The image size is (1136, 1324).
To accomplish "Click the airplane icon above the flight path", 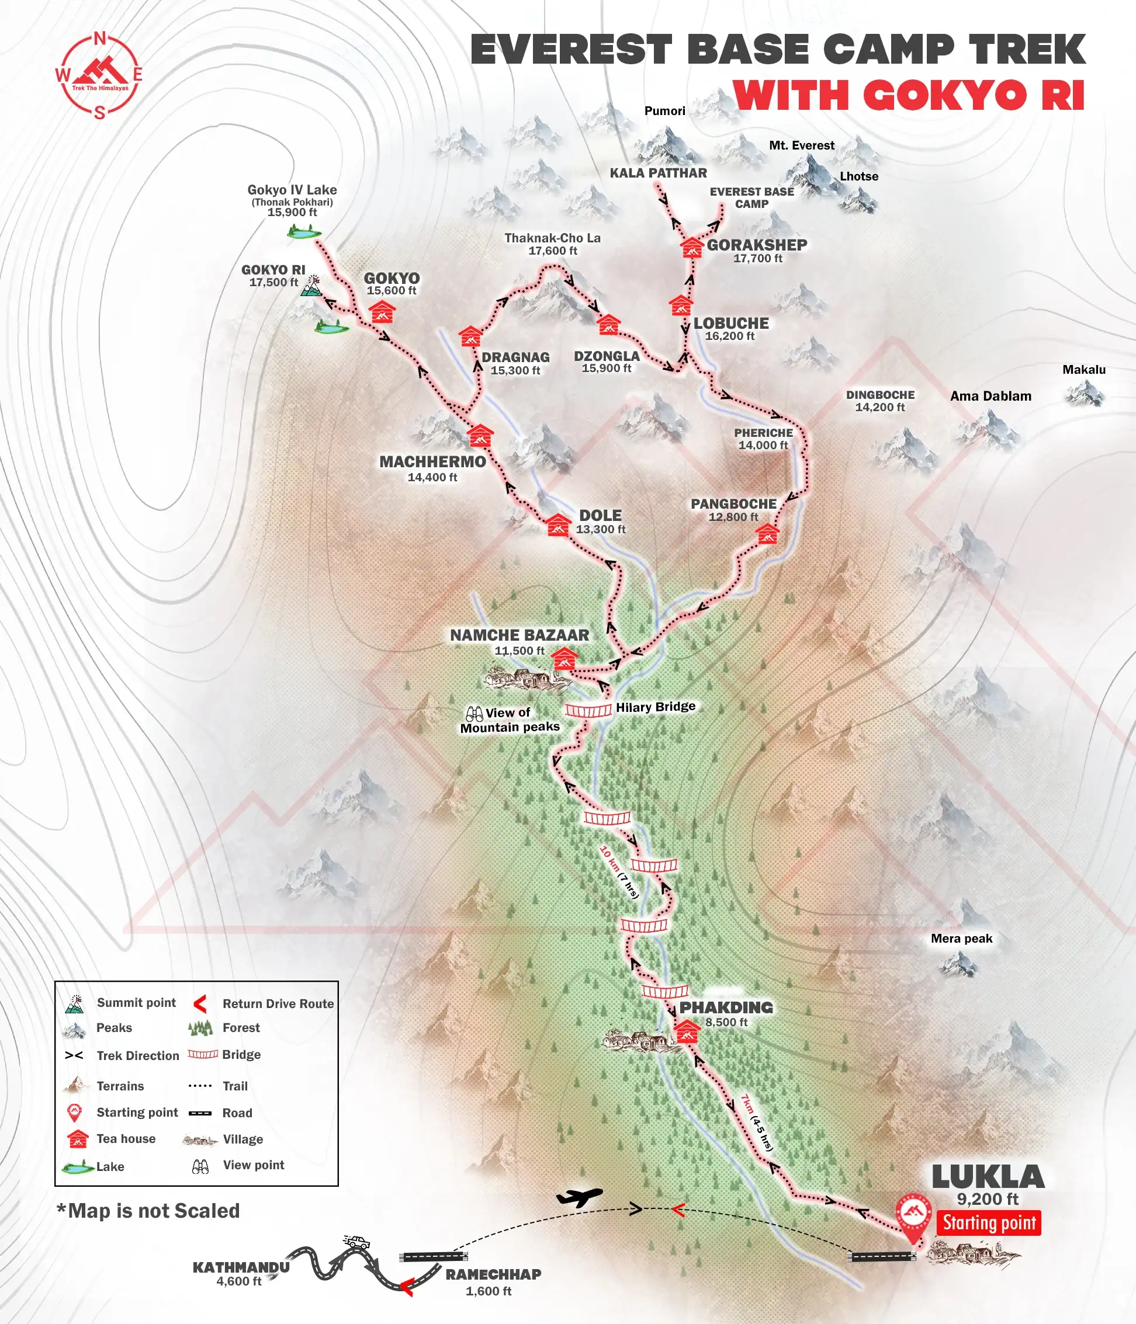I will [x=579, y=1197].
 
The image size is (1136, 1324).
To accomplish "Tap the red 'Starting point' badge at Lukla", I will [x=988, y=1222].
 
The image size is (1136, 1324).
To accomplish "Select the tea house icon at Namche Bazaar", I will [x=564, y=658].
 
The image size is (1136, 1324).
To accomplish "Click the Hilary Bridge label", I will [x=655, y=707].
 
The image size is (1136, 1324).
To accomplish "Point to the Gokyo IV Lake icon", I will [x=304, y=233].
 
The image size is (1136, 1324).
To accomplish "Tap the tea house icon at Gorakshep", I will [x=691, y=246].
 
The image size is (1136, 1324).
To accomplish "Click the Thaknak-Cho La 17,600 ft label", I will [x=552, y=244].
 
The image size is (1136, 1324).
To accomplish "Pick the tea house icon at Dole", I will [x=558, y=524].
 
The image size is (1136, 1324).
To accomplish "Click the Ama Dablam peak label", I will [x=990, y=396].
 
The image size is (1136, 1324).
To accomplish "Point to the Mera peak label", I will [x=961, y=938].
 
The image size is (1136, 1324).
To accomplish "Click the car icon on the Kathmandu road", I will [x=356, y=1242].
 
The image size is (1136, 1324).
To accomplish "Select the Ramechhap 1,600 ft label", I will [x=493, y=1282].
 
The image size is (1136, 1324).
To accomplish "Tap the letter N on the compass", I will [x=100, y=39].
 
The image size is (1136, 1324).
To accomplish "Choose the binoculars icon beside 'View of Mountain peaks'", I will [x=474, y=713].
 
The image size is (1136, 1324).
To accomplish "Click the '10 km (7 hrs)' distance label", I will [x=619, y=872].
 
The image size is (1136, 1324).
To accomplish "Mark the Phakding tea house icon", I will [x=687, y=1031].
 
